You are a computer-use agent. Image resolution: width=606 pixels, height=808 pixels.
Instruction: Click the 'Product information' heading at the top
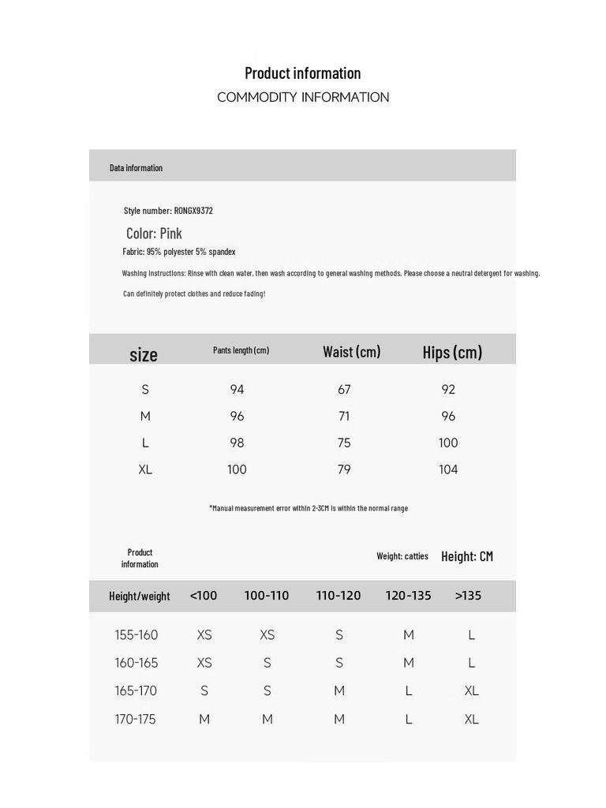pyautogui.click(x=302, y=73)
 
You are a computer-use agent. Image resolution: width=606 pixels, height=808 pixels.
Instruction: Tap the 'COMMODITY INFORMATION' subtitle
pyautogui.click(x=303, y=97)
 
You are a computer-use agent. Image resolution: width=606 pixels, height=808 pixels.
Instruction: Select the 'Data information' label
pyautogui.click(x=136, y=167)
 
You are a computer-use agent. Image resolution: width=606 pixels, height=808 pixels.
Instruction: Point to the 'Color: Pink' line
pyautogui.click(x=154, y=233)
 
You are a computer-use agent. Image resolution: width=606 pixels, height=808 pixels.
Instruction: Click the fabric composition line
pyautogui.click(x=179, y=252)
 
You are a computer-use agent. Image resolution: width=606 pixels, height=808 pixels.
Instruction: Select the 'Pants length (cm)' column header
pyautogui.click(x=241, y=350)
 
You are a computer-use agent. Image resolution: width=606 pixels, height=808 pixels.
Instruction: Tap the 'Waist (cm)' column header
pyautogui.click(x=351, y=352)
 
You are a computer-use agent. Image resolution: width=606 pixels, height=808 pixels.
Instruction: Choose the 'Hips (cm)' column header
pyautogui.click(x=452, y=352)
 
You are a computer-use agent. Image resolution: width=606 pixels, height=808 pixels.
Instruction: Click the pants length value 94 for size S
pyautogui.click(x=237, y=389)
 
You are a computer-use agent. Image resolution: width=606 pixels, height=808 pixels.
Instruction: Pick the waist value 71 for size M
pyautogui.click(x=344, y=416)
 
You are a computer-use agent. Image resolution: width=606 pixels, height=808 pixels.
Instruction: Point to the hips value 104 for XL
pyautogui.click(x=448, y=469)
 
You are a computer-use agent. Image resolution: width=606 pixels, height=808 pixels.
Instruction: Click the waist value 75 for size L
pyautogui.click(x=344, y=443)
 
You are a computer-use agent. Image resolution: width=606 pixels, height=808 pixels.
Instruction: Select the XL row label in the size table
pyautogui.click(x=145, y=469)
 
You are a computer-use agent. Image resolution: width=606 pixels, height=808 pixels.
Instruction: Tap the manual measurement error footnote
pyautogui.click(x=309, y=508)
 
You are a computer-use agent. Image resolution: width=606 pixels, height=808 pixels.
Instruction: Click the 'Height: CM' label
pyautogui.click(x=467, y=556)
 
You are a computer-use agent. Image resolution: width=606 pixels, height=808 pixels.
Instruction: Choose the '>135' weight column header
pyautogui.click(x=468, y=596)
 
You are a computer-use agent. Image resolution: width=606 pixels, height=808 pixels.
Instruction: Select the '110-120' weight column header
pyautogui.click(x=339, y=596)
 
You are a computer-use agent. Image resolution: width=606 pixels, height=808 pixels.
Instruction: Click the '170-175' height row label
pyautogui.click(x=136, y=719)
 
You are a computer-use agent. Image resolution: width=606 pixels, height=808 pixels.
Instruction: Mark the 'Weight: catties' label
pyautogui.click(x=402, y=556)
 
